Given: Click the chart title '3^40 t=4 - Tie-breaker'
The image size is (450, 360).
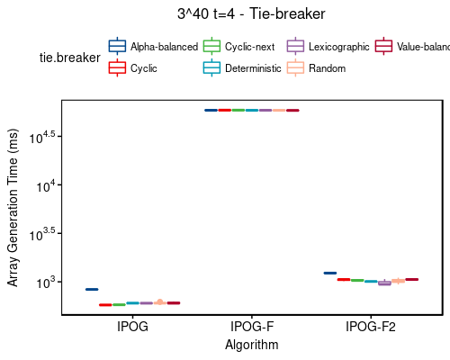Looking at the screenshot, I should pyautogui.click(x=251, y=13).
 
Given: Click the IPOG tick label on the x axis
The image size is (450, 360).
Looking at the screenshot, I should pyautogui.click(x=133, y=327).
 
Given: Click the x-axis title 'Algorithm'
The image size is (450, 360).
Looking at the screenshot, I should pyautogui.click(x=252, y=345).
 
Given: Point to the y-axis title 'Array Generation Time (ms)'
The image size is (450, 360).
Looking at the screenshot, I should pyautogui.click(x=13, y=209).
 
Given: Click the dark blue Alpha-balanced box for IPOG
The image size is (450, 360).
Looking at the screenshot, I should pyautogui.click(x=92, y=289).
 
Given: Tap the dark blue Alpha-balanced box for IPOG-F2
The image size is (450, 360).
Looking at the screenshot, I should pyautogui.click(x=329, y=273).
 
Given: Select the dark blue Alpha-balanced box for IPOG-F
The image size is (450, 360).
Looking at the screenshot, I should pyautogui.click(x=211, y=110).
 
